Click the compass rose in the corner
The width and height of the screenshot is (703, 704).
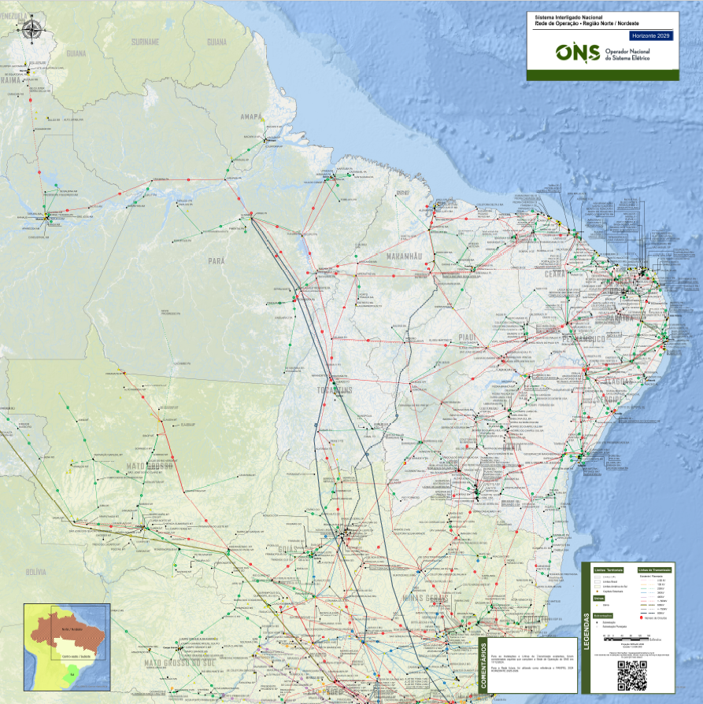pos(31,30)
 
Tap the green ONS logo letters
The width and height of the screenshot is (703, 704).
pos(577,53)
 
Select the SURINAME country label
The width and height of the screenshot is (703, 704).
pos(146,41)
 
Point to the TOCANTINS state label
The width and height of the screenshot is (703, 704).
pos(336,390)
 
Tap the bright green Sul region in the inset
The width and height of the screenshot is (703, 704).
pos(71,673)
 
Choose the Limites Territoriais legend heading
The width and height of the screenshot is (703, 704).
pos(608,569)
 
